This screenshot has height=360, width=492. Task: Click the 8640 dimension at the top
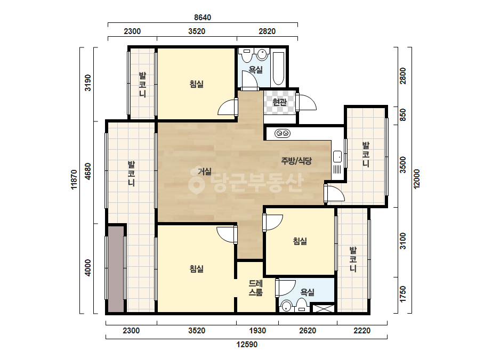(203, 18)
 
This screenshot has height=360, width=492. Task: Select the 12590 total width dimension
(247, 345)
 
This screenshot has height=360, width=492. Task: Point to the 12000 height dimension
(416, 179)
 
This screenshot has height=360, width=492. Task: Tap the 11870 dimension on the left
(74, 179)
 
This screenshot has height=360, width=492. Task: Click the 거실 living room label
(205, 171)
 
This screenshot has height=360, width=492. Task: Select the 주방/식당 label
(296, 161)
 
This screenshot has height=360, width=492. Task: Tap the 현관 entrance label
(279, 102)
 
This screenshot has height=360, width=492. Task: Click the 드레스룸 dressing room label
(256, 288)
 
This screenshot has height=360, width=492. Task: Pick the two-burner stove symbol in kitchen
(283, 134)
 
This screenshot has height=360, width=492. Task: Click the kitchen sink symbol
(337, 157)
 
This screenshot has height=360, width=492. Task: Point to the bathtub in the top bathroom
(278, 69)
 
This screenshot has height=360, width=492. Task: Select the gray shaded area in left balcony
(116, 269)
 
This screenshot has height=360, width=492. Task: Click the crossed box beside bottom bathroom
(324, 308)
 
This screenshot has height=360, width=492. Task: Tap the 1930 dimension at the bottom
(257, 331)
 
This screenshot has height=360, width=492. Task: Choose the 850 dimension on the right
(402, 115)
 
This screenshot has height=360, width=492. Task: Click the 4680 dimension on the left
(88, 171)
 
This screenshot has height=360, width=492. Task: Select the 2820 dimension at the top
(267, 31)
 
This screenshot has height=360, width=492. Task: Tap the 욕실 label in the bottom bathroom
(308, 292)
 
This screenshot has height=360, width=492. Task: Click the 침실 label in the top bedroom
(197, 84)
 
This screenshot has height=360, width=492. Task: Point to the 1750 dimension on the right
(402, 294)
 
